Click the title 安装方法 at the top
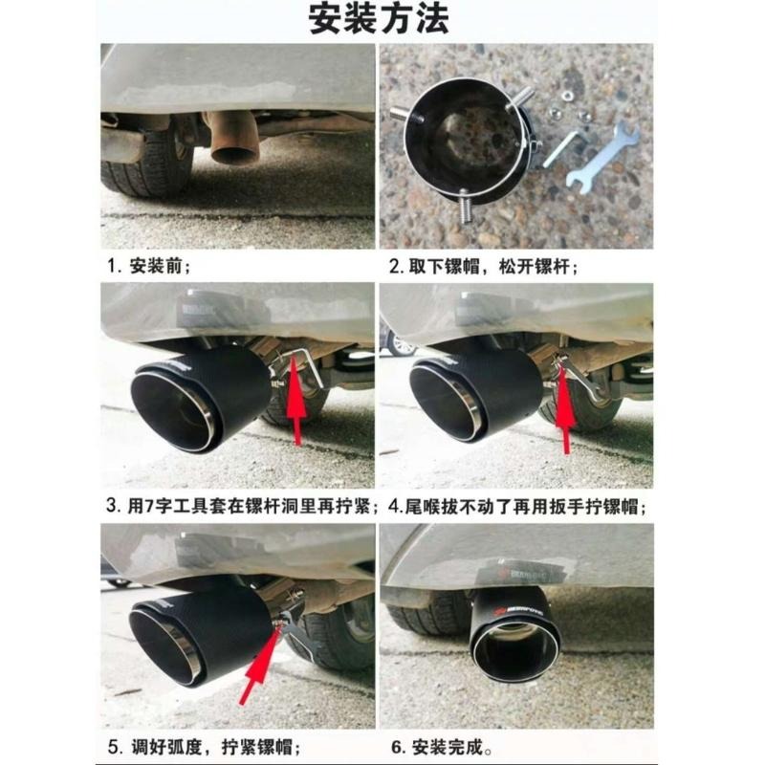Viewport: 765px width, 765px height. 379,19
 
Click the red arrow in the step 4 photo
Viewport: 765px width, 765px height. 564,411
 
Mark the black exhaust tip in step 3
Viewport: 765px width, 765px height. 201,400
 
